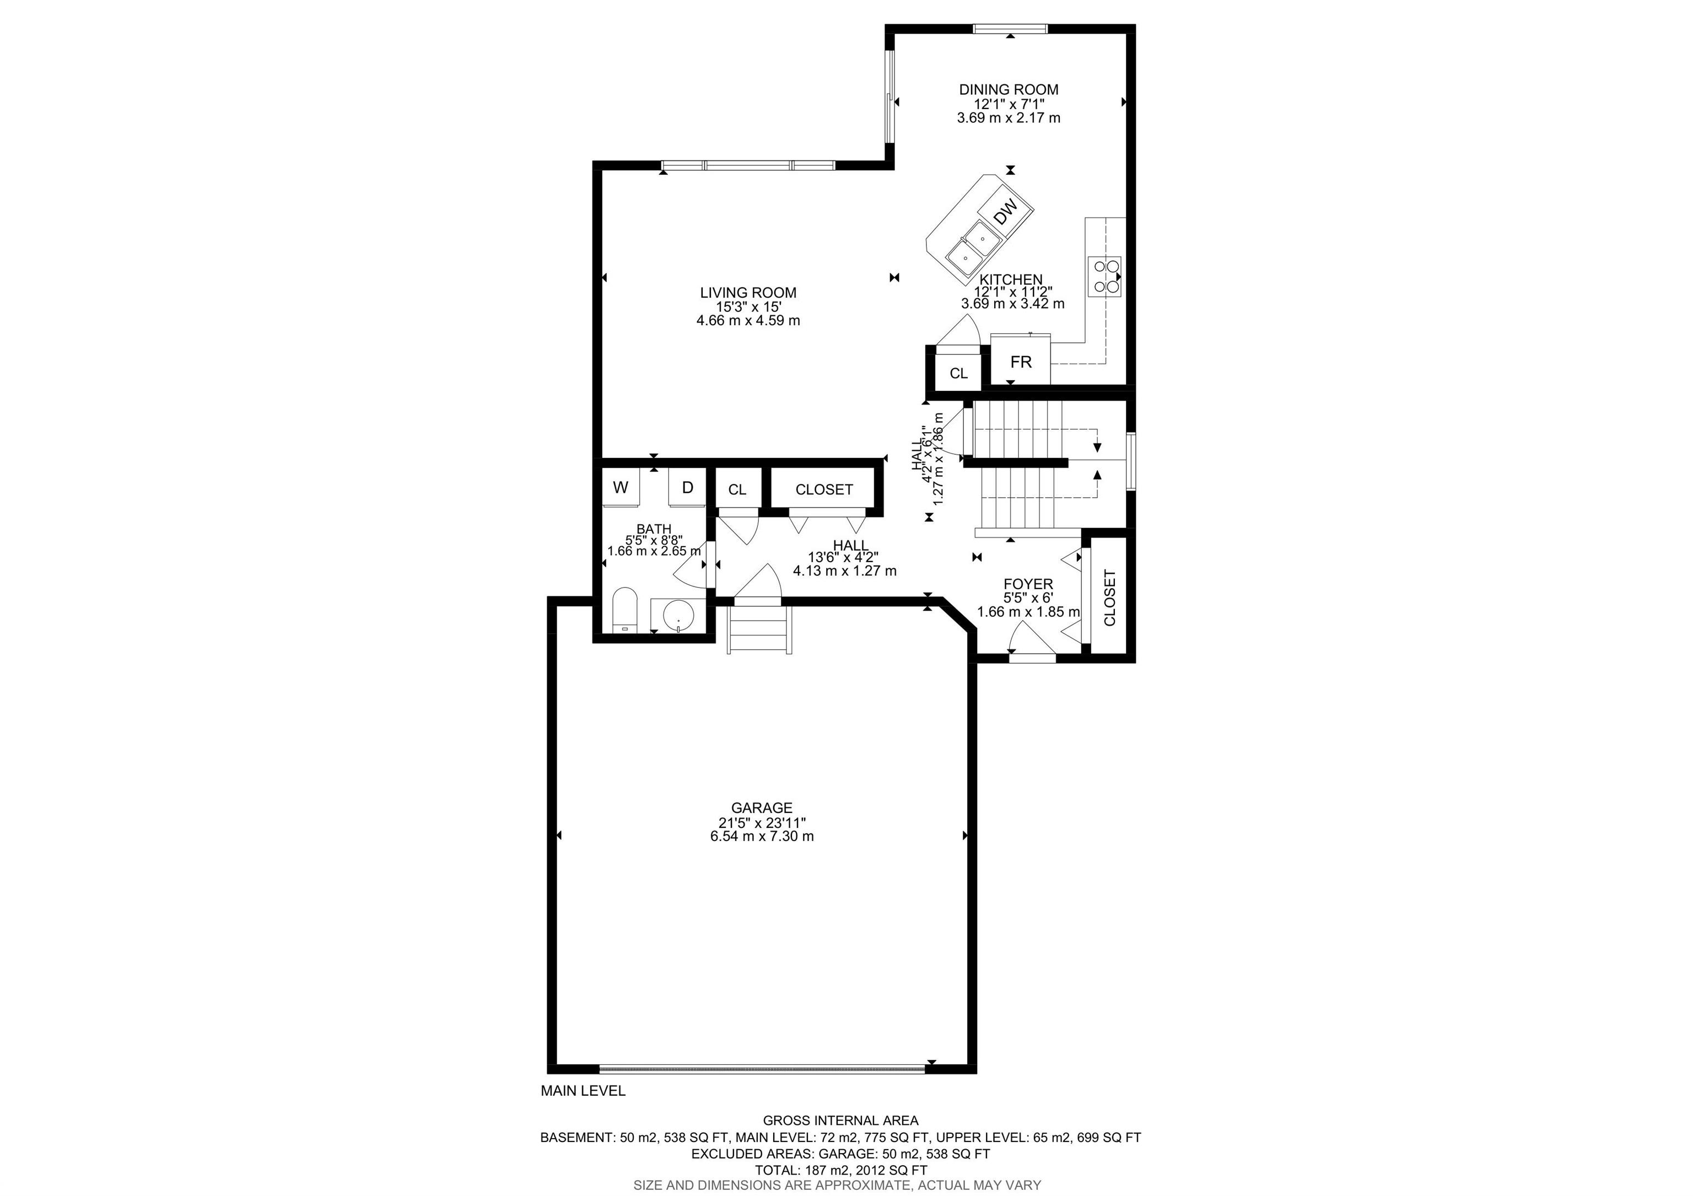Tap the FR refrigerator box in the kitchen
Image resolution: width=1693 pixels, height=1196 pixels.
[x=1021, y=362]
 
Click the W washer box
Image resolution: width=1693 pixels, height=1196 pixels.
[x=621, y=487]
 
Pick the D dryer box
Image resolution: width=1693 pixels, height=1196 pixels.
[x=687, y=487]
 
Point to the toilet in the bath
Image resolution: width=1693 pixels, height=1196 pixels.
[x=624, y=611]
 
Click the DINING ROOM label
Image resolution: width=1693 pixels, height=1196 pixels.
[x=1008, y=90]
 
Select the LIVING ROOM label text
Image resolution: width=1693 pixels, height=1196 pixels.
[x=748, y=293]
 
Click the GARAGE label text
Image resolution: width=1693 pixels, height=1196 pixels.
[x=762, y=808]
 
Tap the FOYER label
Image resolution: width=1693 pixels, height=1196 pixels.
[x=1028, y=585]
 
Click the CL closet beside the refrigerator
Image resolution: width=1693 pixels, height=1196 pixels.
[x=958, y=374]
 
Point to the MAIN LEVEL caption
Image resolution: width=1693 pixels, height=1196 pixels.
[x=583, y=1091]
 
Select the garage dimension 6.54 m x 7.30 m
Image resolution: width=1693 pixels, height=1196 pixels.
[x=762, y=836]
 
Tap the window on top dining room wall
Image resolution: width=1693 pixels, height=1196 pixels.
[x=1010, y=29]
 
